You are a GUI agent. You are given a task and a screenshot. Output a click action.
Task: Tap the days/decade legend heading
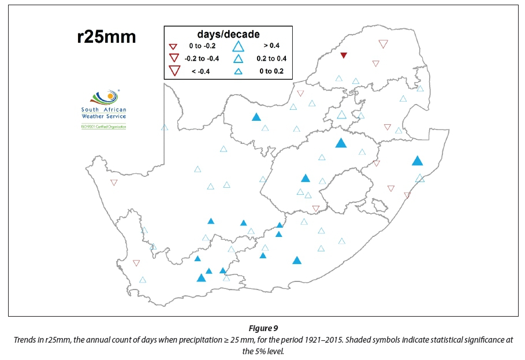point(228,34)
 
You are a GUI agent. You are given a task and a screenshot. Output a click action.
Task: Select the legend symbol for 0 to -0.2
point(172,46)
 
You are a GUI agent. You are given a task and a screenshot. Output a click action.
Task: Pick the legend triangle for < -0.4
point(172,71)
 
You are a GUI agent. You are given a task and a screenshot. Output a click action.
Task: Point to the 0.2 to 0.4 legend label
point(271,58)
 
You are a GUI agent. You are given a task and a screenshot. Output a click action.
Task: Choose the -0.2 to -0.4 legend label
point(202,58)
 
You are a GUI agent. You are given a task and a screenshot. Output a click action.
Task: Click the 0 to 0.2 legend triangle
point(237,71)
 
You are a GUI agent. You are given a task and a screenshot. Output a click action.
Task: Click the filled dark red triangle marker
point(344,55)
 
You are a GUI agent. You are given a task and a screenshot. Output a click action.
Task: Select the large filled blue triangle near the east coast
point(418,161)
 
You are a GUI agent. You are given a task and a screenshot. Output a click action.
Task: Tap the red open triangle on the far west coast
point(114,183)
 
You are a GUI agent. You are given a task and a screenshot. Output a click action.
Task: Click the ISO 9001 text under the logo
point(103,126)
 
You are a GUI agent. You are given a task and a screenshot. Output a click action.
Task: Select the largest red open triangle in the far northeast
point(383,44)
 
